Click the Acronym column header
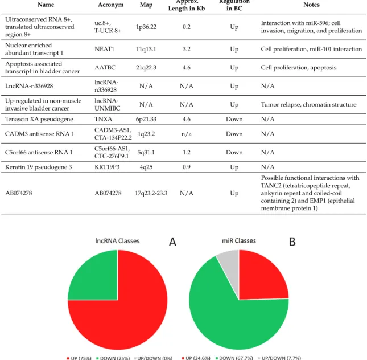pyautogui.click(x=110, y=5)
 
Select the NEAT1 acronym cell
pyautogui.click(x=104, y=49)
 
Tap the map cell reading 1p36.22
pyautogui.click(x=146, y=27)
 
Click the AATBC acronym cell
pyautogui.click(x=105, y=67)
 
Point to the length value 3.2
pyautogui.click(x=187, y=49)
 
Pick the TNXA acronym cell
pyautogui.click(x=103, y=119)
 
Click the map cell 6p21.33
pyautogui.click(x=146, y=119)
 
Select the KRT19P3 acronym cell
pyautogui.click(x=107, y=167)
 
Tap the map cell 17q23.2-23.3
pyautogui.click(x=151, y=193)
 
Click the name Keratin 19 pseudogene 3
pyautogui.click(x=38, y=167)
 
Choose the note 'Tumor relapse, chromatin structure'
pyautogui.click(x=309, y=104)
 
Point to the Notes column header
pyautogui.click(x=311, y=5)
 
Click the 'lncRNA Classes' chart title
pyautogui.click(x=117, y=241)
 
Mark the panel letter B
pyautogui.click(x=292, y=242)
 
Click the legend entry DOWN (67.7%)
pyautogui.click(x=234, y=358)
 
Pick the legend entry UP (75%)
pyautogui.click(x=79, y=358)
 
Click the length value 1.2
pyautogui.click(x=187, y=152)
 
